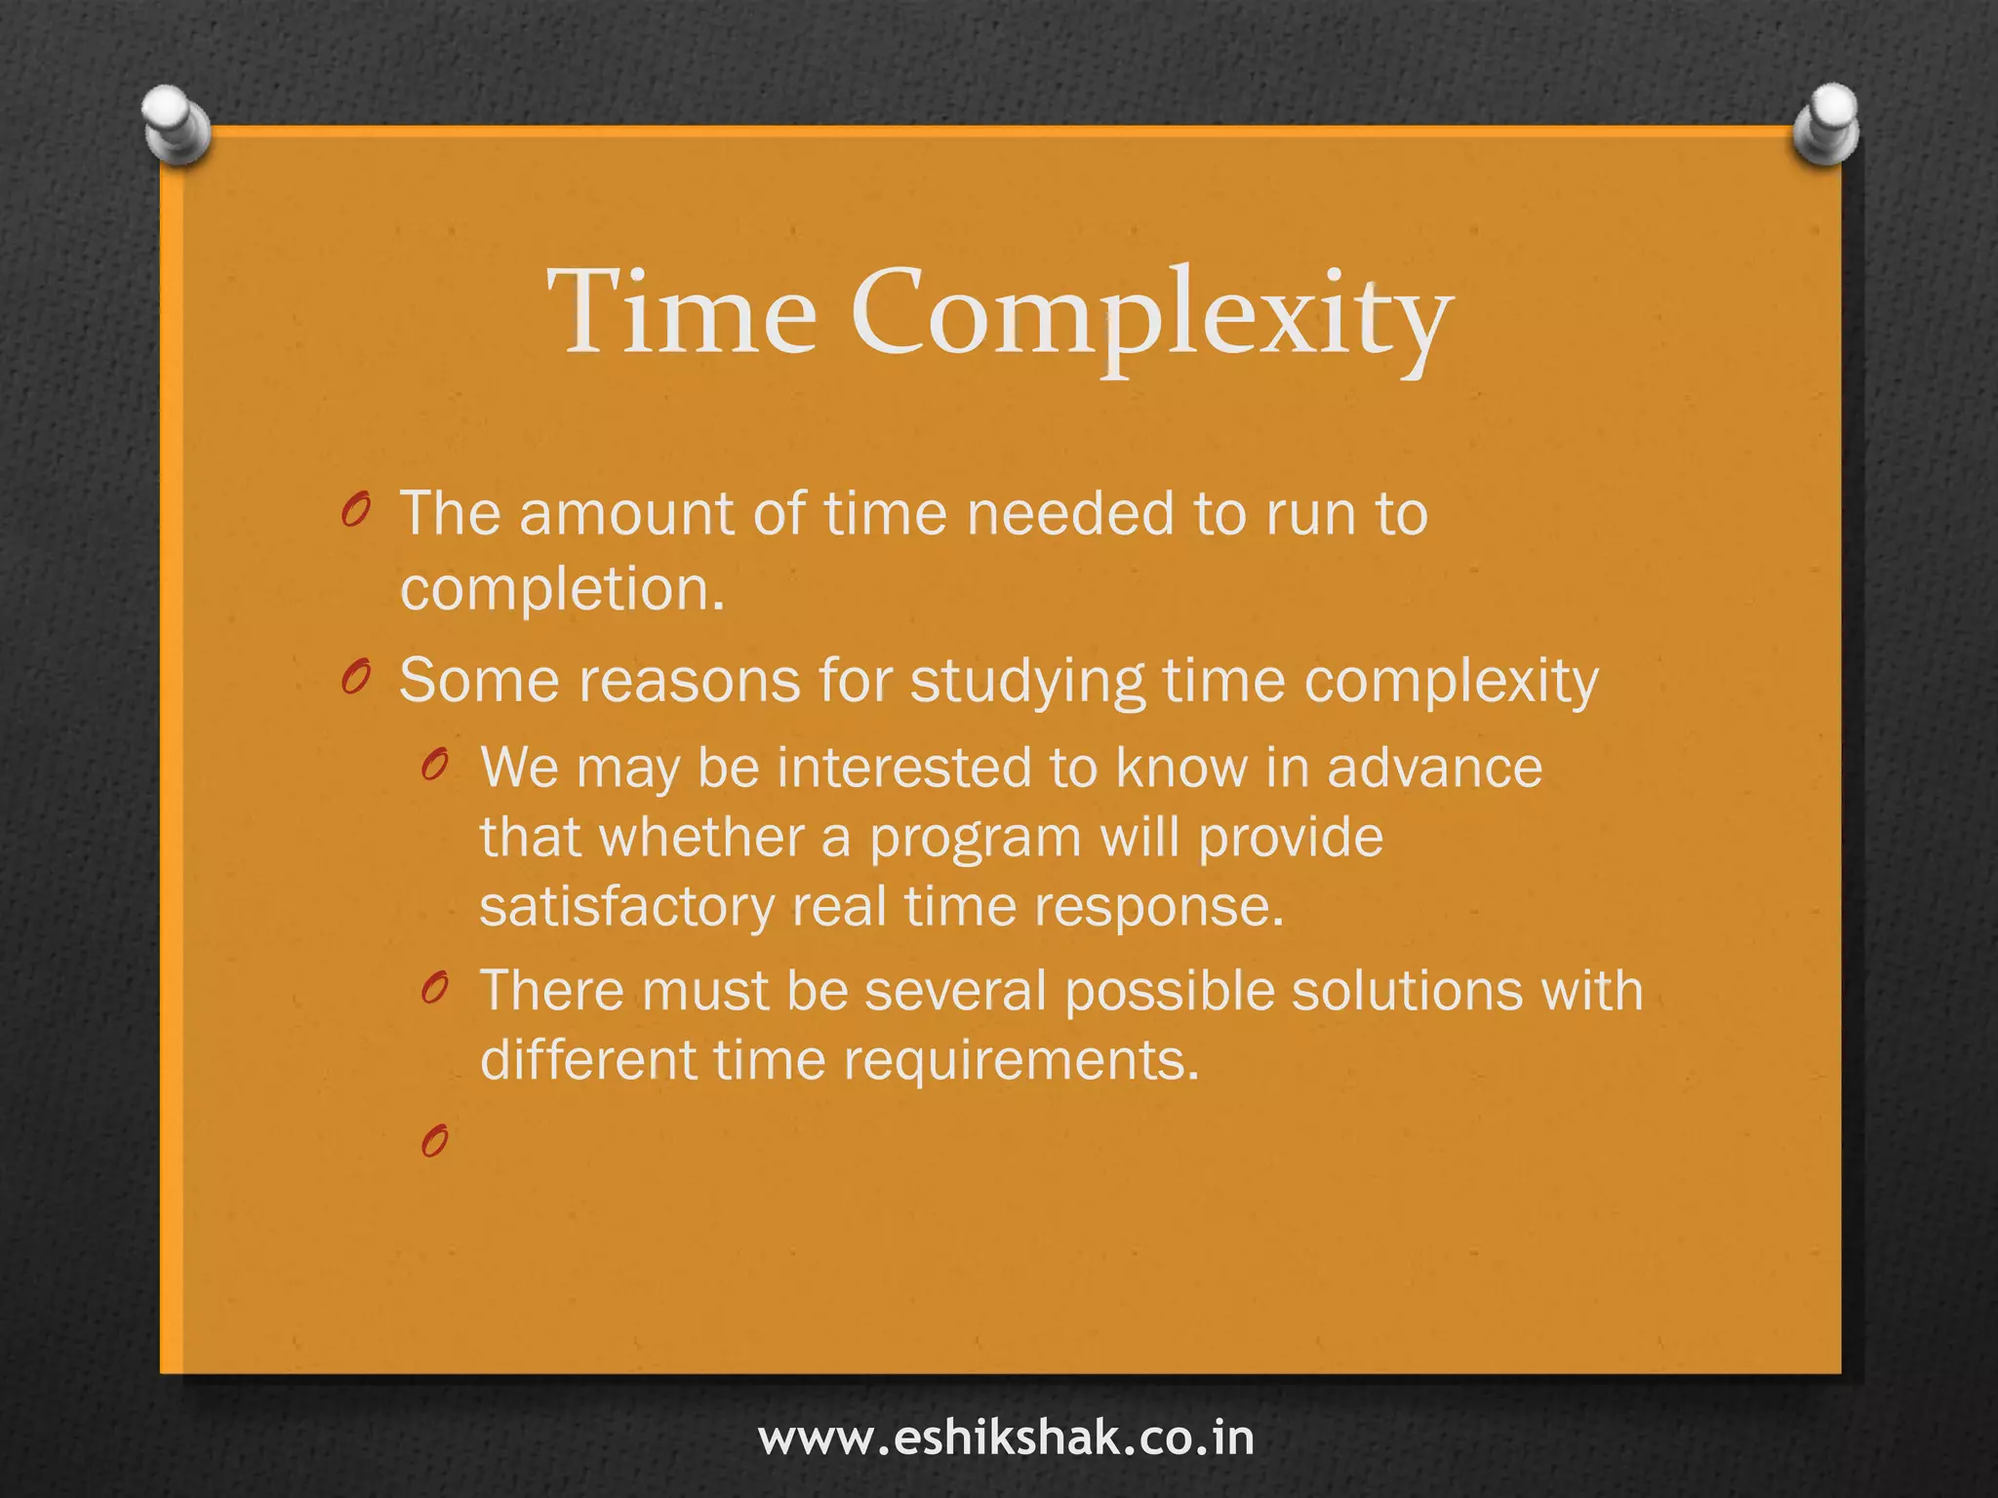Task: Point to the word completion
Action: coord(562,589)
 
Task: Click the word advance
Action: coord(1434,768)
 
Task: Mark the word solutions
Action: coord(1406,991)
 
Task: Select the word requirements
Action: coord(1020,1061)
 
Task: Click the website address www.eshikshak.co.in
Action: coord(1006,1439)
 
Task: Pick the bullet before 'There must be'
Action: coord(435,988)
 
